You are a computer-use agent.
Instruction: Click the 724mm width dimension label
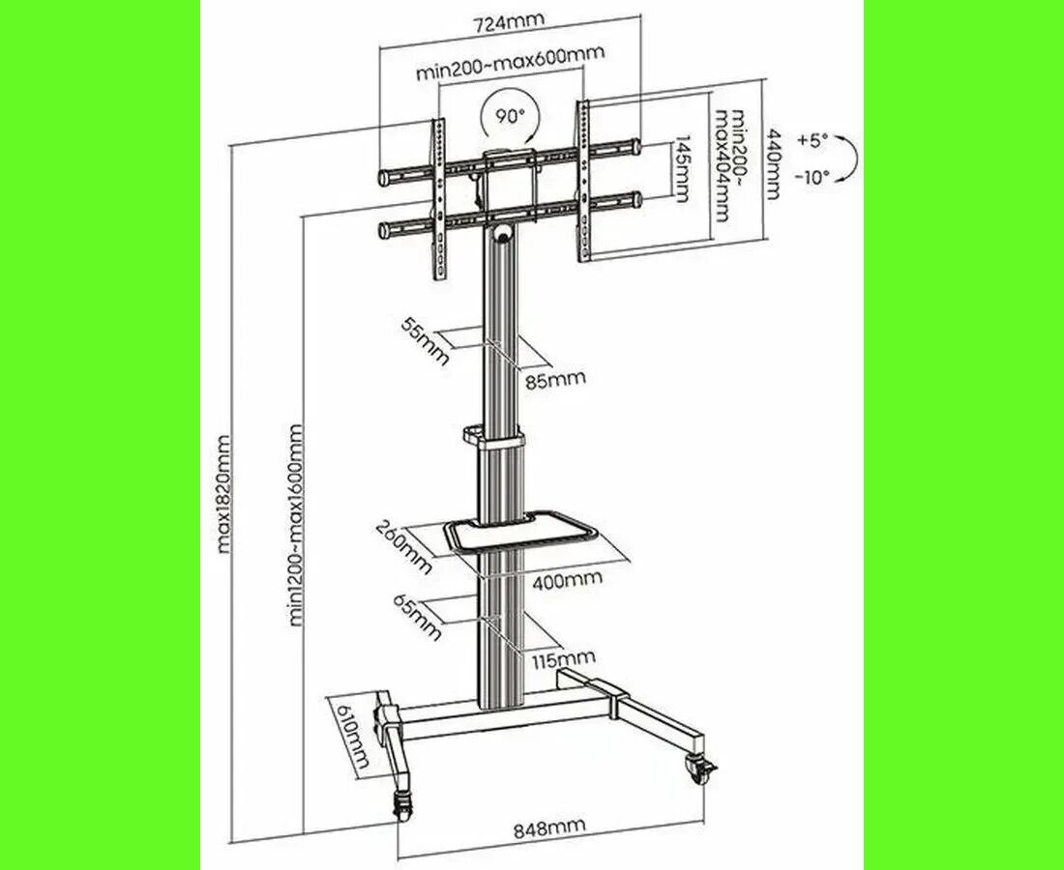(508, 21)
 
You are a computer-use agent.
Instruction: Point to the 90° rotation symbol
(511, 117)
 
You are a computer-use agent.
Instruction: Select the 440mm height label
(773, 164)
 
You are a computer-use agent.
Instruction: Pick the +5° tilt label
(813, 141)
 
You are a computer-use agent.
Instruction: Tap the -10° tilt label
(812, 178)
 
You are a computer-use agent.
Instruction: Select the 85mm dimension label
(555, 378)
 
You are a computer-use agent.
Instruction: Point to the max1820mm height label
(224, 494)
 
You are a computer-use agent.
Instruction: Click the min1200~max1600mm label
(295, 526)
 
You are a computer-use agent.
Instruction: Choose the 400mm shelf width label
(567, 580)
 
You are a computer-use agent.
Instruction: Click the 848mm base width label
(548, 829)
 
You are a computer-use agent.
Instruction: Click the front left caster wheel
(403, 808)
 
